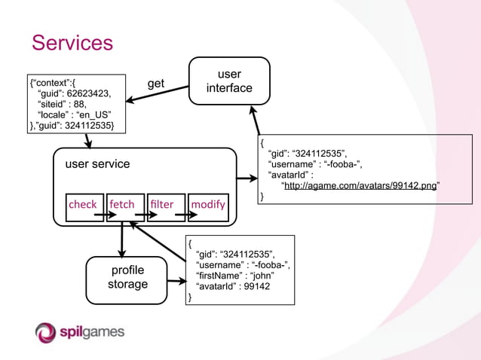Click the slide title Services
pos(72,42)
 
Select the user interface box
pos(228,82)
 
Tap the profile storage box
pos(127,278)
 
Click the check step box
pos(84,205)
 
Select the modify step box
pos(207,205)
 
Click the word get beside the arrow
pos(155,84)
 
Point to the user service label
pos(97,164)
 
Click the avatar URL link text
pos(360,186)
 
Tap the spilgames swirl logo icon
pos(46,331)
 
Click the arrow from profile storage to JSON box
pos(176,282)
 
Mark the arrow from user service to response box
pos(247,179)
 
